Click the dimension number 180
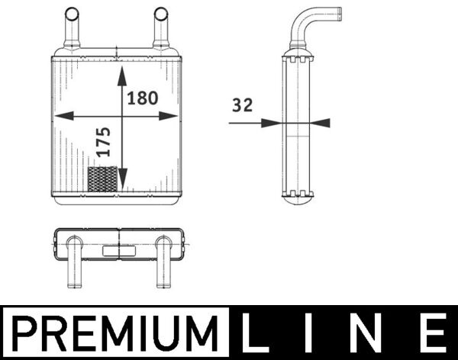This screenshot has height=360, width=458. tap(144, 98)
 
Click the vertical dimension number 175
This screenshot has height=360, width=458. tap(104, 143)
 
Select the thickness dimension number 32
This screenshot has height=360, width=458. tap(242, 106)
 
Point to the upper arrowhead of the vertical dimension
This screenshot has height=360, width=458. tap(122, 75)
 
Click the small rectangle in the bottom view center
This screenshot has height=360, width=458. tap(116, 249)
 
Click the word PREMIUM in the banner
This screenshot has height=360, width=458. tap(114, 333)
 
